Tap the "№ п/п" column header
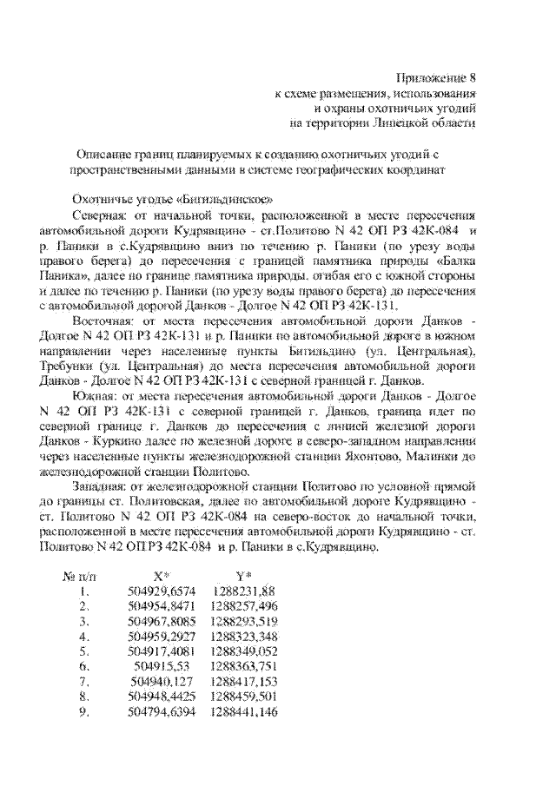point(81,577)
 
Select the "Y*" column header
point(243,577)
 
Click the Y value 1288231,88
point(243,592)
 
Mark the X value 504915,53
point(162,665)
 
